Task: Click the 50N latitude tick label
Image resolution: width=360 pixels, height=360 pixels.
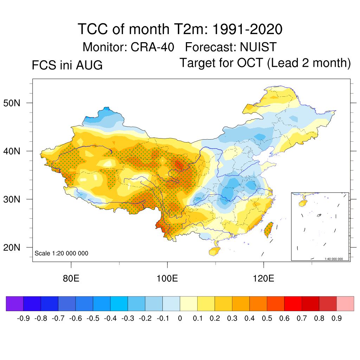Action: pos(12,103)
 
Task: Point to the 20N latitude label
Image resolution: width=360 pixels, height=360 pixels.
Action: pos(12,247)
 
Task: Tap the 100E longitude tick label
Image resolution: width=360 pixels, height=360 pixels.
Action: pos(167,278)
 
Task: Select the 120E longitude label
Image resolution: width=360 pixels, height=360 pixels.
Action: pos(263,278)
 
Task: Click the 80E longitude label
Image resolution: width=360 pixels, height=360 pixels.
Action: pos(71,278)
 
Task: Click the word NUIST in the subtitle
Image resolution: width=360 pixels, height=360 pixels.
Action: pos(258,47)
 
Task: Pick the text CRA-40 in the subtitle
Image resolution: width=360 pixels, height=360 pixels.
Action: pos(152,47)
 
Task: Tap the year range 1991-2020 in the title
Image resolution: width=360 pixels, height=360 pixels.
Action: pos(247,29)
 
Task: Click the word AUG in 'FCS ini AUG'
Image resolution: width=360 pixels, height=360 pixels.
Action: pos(89,65)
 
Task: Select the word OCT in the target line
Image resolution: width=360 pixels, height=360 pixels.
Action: pos(250,63)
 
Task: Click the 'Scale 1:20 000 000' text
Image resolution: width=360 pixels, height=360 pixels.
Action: pos(61,253)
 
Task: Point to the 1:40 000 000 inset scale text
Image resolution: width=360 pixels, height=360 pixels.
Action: pos(334,259)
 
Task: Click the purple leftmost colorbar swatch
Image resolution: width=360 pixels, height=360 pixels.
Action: pos(15,303)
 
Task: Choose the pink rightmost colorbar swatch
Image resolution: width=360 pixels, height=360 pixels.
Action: pos(345,303)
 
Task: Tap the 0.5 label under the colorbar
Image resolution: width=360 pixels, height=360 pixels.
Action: pos(267,318)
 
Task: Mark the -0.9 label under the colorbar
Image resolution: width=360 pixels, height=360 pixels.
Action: pos(23,318)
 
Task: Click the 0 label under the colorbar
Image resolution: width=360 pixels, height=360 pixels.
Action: pos(180,318)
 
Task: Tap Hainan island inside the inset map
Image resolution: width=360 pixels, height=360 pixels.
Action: pos(303,203)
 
